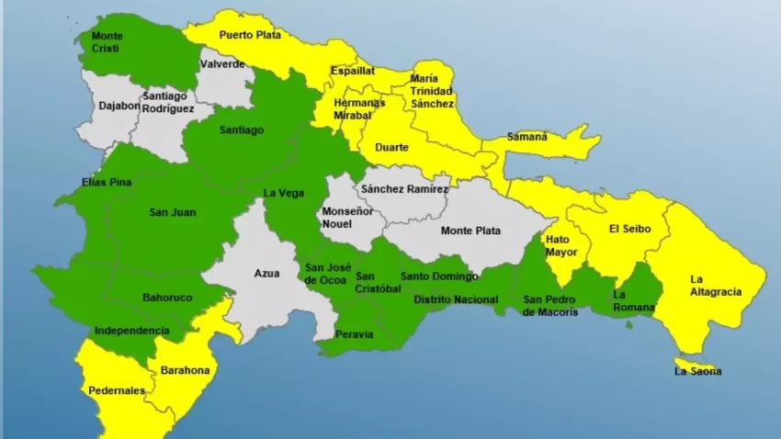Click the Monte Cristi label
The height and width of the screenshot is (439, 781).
[x=108, y=42]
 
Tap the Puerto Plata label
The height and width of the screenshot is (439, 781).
[x=249, y=35]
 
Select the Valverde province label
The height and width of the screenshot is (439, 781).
[x=222, y=64]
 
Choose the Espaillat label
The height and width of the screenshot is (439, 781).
[x=353, y=70]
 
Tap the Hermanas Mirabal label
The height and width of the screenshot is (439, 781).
[x=359, y=109]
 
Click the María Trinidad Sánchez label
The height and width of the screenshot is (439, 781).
[x=432, y=91]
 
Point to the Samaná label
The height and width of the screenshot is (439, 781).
[x=527, y=137]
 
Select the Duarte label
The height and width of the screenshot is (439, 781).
[x=391, y=146]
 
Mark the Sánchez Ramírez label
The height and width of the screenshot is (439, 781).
[x=404, y=189]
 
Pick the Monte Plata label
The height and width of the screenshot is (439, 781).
[x=470, y=231]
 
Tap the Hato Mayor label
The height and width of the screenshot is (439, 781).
[x=558, y=245]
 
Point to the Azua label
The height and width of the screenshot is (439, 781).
[x=266, y=273]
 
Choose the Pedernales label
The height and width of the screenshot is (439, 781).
[x=117, y=390]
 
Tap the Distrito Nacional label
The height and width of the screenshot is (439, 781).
[x=456, y=299]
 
